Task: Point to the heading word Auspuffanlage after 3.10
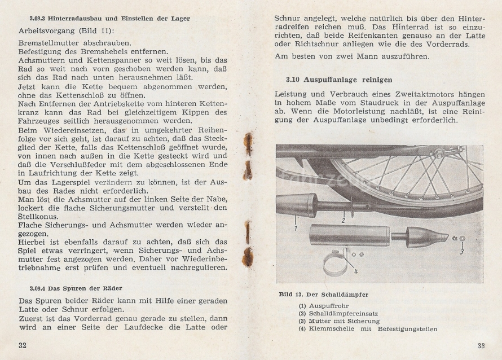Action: [332, 80]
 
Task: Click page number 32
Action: [23, 345]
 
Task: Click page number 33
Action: [481, 345]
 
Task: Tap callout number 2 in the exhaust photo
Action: [343, 221]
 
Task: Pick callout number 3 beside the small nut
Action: [461, 251]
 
